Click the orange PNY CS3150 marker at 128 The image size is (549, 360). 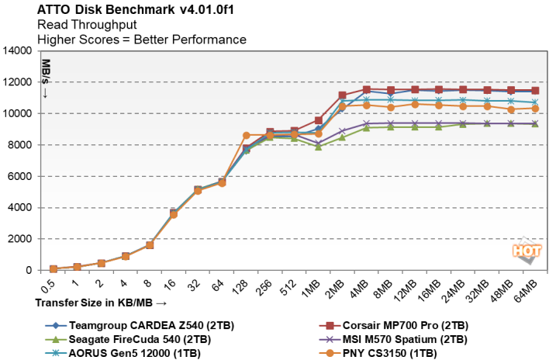(247, 136)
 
